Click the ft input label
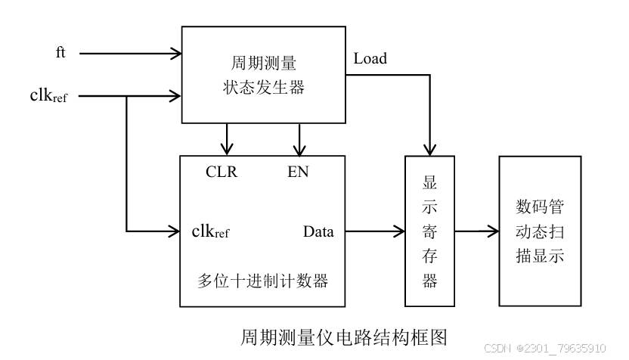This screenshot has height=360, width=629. [x=60, y=53]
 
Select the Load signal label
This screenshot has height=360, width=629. [x=370, y=58]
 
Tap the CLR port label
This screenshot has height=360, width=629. [x=222, y=172]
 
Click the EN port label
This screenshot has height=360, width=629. [x=298, y=172]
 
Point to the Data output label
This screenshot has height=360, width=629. [x=318, y=231]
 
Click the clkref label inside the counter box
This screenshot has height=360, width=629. [x=210, y=231]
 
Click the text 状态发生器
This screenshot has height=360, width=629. [x=259, y=88]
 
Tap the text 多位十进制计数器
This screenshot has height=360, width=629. [x=262, y=281]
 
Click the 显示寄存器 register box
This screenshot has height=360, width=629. [x=429, y=231]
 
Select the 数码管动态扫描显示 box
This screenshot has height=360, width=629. [x=539, y=231]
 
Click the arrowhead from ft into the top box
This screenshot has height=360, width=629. [x=175, y=54]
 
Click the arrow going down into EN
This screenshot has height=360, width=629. [x=300, y=146]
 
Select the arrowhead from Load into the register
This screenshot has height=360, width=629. [x=430, y=148]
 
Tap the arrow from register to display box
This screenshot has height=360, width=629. [x=476, y=231]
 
